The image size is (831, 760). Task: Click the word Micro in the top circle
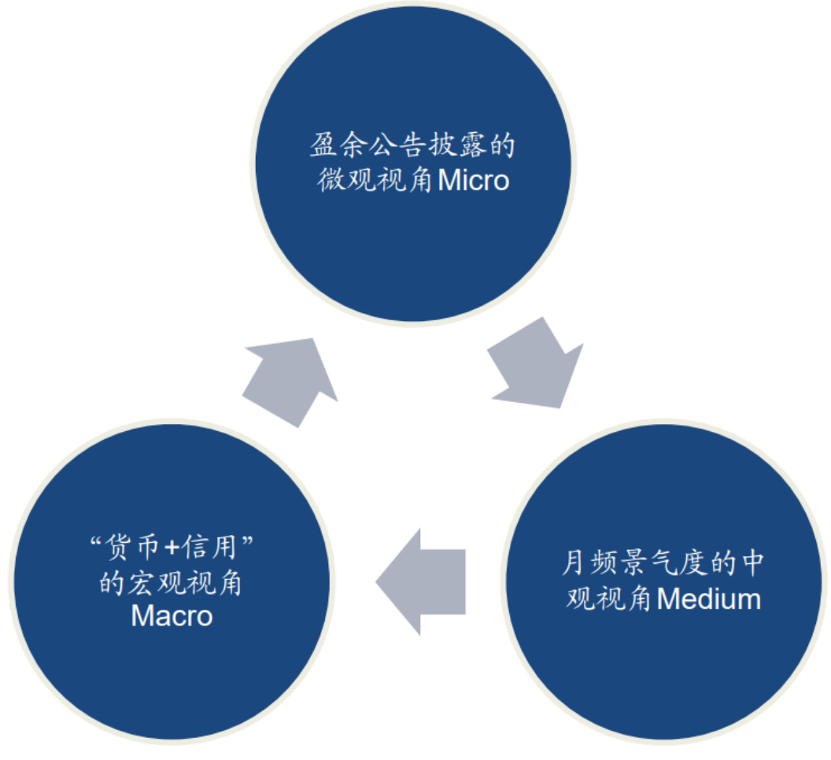(474, 180)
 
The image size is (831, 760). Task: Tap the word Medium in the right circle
(709, 600)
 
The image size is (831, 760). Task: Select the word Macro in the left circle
(172, 615)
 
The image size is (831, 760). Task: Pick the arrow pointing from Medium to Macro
(421, 581)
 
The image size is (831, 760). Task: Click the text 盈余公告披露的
(412, 146)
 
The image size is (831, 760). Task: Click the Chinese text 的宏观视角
(172, 583)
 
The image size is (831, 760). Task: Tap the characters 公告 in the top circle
(397, 146)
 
